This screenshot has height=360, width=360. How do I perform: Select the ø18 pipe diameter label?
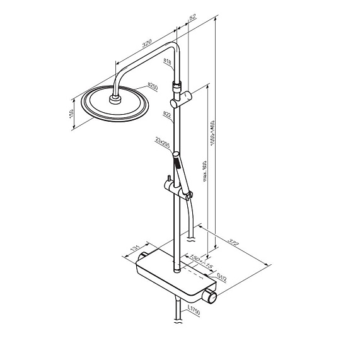pyautogui.click(x=168, y=61)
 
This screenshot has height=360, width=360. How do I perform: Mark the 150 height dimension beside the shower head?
pyautogui.click(x=71, y=113)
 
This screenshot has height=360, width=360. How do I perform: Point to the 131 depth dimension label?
pyautogui.click(x=132, y=250)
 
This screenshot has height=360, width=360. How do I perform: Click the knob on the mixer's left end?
pyautogui.click(x=142, y=255)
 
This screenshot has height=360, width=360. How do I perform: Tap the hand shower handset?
pyautogui.click(x=182, y=171)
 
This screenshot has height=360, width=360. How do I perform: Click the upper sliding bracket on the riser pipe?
pyautogui.click(x=182, y=98)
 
